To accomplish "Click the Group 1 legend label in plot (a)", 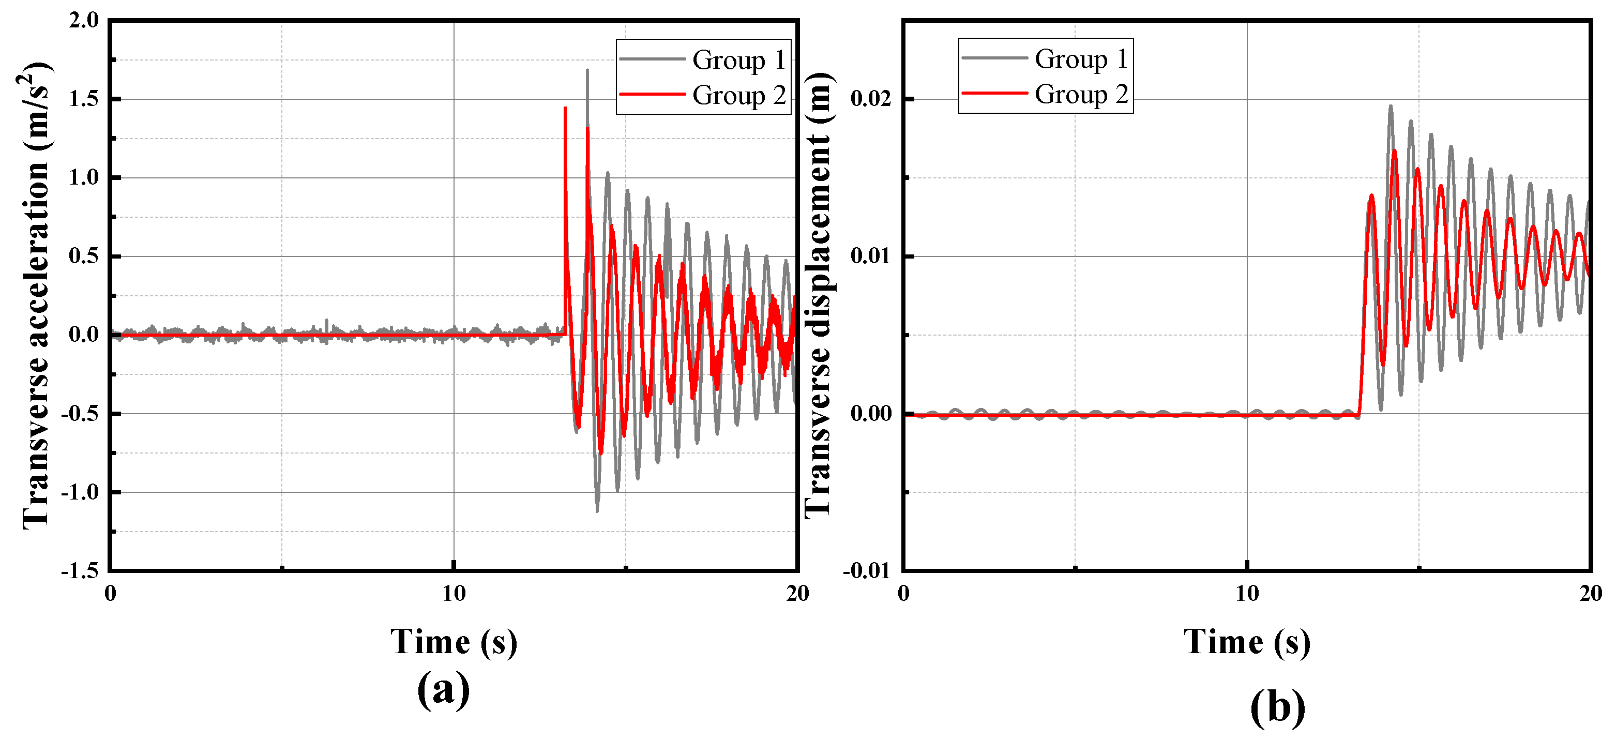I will point(738,60).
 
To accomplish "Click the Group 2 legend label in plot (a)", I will point(738,95).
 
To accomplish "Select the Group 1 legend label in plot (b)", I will point(1081,59).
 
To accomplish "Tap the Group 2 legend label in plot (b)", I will point(1081,94).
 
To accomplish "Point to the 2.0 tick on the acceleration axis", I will point(84,20).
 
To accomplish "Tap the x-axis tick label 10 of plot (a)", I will point(454,593).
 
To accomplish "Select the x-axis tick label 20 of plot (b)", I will point(1590,593).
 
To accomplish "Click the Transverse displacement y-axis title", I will point(818,295).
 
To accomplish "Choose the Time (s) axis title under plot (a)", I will point(454,642).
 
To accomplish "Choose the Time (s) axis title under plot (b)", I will point(1247,642).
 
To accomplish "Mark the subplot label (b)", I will point(1277,707).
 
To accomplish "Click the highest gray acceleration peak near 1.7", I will point(587,70).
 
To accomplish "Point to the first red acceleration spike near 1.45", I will point(565,109).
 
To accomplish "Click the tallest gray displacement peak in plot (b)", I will point(1390,106).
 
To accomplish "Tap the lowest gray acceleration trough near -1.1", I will point(597,510).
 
